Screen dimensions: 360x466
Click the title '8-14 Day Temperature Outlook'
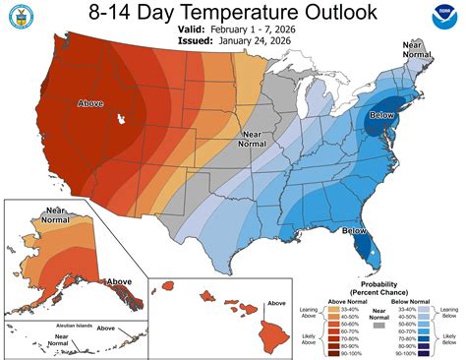(x=232, y=14)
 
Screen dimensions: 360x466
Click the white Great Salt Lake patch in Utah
(x=121, y=119)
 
